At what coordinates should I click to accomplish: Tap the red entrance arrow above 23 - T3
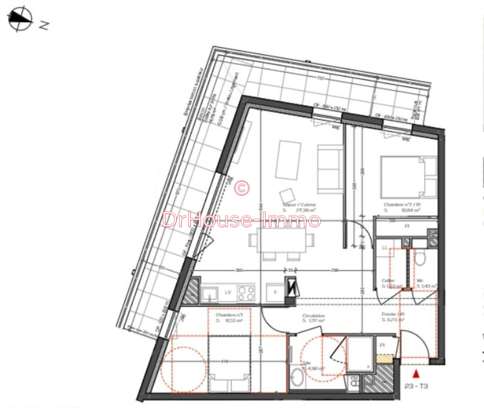416,374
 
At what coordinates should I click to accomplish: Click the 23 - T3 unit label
416,386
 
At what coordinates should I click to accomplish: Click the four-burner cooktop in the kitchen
246,293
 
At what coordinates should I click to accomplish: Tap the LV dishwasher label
228,292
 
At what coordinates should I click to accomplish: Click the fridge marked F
275,292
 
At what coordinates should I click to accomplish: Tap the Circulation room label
313,316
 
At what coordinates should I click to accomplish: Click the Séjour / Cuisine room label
299,205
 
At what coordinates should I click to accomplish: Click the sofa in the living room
330,169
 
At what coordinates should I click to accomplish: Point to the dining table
282,240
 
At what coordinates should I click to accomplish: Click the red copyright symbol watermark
242,187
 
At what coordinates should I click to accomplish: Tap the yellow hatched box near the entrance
384,359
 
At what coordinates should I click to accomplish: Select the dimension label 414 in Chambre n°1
225,361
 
